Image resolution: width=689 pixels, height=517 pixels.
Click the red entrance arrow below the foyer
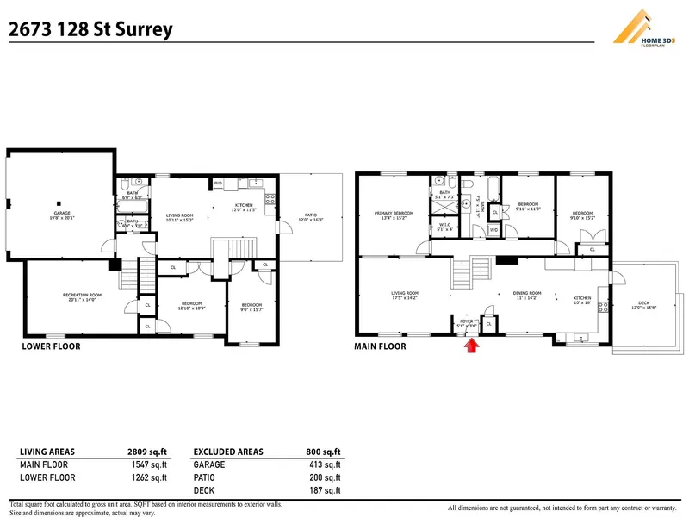point(470,346)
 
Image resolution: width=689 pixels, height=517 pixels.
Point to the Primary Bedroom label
point(394,215)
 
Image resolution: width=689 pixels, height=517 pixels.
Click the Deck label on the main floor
point(644,306)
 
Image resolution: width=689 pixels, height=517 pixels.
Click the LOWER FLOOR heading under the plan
point(51,346)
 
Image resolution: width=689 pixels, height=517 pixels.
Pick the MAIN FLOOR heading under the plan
point(380,346)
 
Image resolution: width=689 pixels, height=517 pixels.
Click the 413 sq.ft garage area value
point(324,464)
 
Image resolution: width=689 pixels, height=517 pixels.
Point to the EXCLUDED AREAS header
point(228,452)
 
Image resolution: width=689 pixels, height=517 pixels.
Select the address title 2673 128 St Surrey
point(90,29)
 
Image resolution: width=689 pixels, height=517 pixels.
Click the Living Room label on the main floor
point(405,295)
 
